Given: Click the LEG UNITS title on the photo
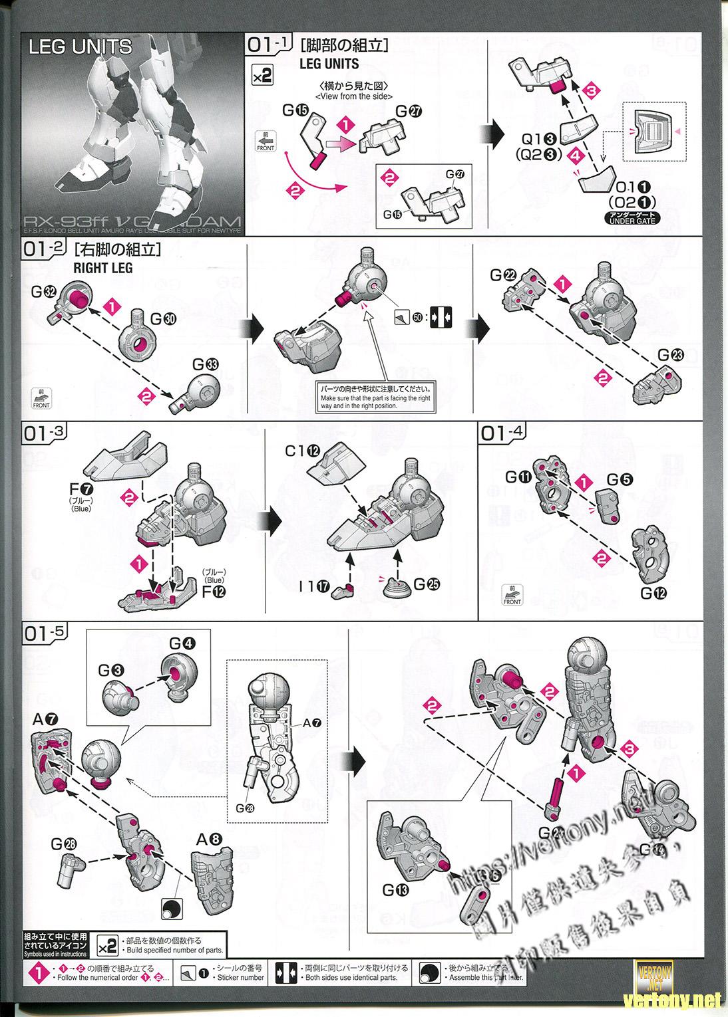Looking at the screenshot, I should tap(80, 47).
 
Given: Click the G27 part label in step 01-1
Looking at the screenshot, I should tap(409, 111).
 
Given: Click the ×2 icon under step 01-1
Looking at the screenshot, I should tap(263, 75).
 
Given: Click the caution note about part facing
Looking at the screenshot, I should tap(375, 397).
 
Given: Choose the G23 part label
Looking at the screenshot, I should tap(670, 355).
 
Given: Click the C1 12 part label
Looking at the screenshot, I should tap(299, 451).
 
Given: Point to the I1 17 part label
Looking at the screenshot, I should tap(315, 586).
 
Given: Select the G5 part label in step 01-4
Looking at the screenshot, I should tap(616, 480).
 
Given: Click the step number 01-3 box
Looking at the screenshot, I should tap(45, 433).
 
